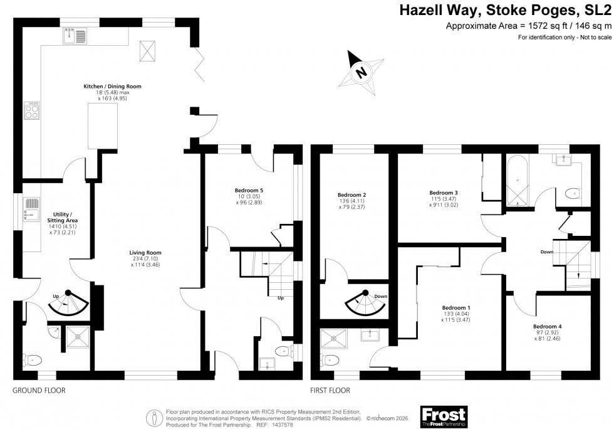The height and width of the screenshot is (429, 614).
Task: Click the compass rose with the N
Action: click(x=361, y=71)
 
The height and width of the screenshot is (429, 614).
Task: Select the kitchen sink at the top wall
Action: click(x=75, y=36)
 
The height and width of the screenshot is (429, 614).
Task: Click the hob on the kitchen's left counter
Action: click(x=31, y=111)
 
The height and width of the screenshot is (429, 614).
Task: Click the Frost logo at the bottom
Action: click(x=444, y=415)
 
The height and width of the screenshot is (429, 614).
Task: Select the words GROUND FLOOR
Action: click(x=39, y=390)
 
